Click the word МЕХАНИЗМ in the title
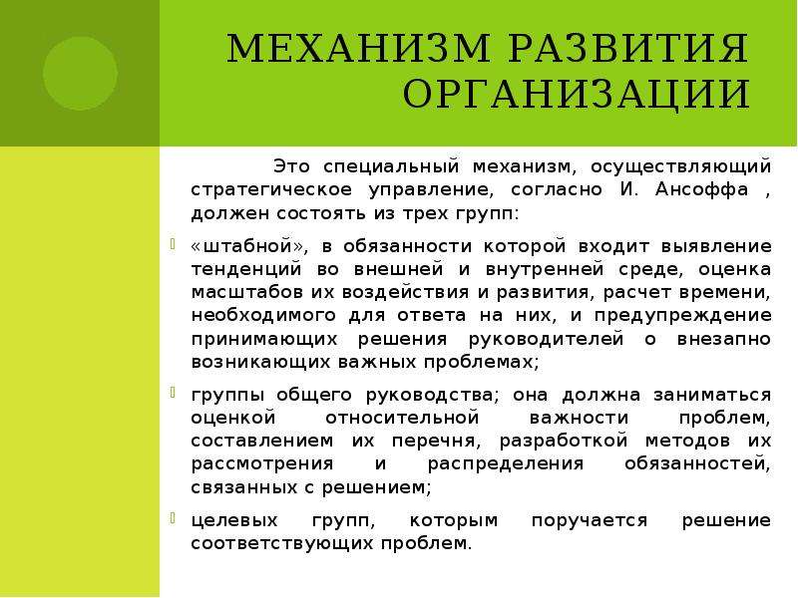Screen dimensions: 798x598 358,48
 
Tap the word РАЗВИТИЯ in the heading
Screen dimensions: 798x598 629,48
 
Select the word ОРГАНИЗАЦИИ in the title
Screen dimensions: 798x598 577,95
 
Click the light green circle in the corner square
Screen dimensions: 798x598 80,73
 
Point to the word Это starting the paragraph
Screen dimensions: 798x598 291,166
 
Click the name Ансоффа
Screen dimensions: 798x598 702,189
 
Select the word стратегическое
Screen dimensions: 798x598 271,190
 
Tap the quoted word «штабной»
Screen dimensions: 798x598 248,246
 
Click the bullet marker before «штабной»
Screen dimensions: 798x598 173,244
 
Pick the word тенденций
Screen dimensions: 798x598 246,269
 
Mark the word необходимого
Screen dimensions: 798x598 263,316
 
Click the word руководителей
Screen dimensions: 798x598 546,339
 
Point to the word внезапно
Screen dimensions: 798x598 724,339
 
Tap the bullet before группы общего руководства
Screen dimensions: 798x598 173,393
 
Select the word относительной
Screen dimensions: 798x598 402,418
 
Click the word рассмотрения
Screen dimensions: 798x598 262,464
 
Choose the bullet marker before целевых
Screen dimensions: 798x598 173,518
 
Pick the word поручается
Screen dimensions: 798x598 590,521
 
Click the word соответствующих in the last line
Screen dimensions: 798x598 282,544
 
